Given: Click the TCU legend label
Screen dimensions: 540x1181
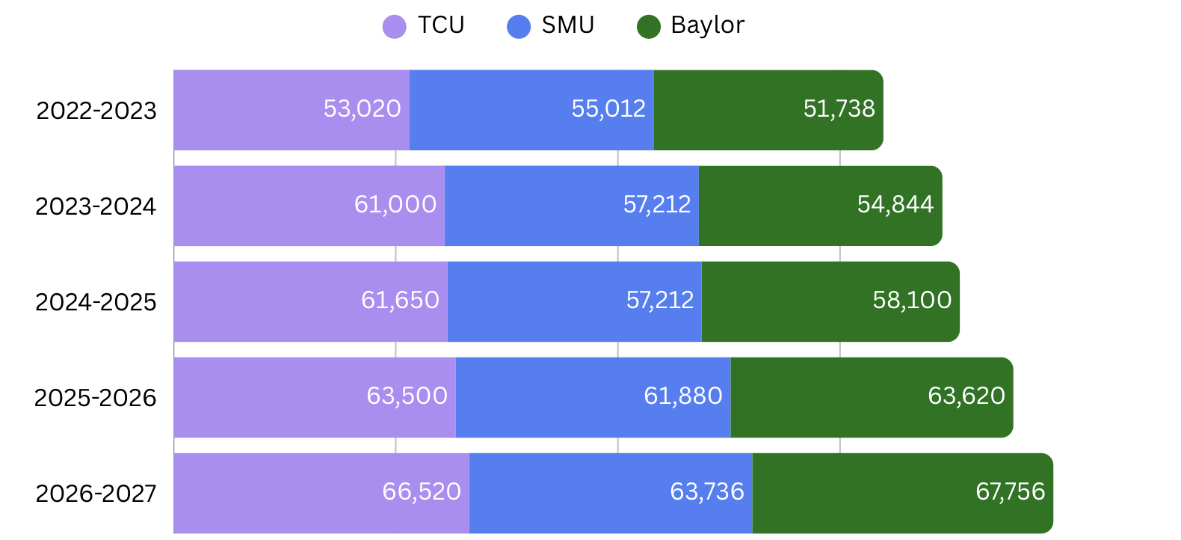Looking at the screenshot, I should [440, 25].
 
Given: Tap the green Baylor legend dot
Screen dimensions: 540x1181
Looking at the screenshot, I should [649, 27].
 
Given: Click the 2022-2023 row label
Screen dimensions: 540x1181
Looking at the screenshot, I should [96, 111].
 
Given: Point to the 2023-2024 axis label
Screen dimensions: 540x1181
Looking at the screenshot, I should [96, 206].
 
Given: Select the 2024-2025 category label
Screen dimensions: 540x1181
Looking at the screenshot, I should [96, 302].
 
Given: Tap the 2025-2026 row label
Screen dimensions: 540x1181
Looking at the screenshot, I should [95, 398].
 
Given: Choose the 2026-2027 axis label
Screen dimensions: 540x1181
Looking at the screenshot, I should [96, 494].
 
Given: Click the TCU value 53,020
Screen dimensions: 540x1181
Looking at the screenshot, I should [362, 109].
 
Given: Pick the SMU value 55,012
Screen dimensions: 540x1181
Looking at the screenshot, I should [608, 109].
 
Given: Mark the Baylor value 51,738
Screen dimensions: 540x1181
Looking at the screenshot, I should [839, 109].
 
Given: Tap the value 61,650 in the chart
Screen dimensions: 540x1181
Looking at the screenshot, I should [400, 301].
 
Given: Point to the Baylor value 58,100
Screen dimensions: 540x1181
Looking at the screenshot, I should [912, 301].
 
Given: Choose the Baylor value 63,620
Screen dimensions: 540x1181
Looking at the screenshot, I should [966, 396].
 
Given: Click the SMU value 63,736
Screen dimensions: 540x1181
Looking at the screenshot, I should [706, 492].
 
